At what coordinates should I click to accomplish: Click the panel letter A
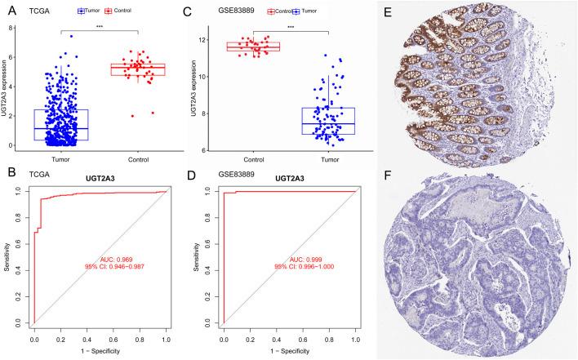pos(6,7)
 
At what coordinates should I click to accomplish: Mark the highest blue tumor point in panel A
pos(72,37)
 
